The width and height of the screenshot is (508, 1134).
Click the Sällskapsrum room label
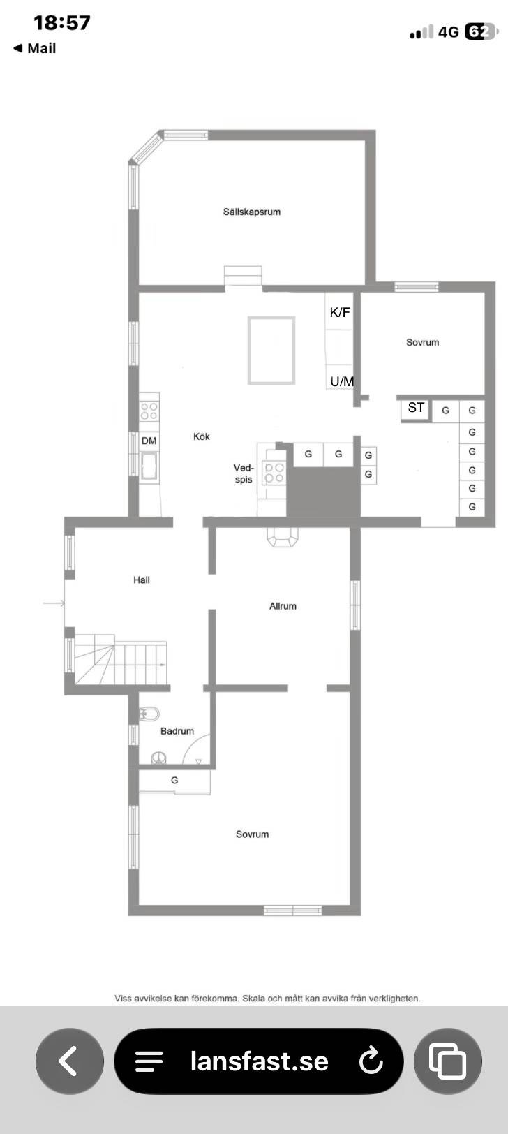(251, 212)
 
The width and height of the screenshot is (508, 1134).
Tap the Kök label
(202, 436)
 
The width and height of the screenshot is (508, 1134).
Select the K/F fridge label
(340, 312)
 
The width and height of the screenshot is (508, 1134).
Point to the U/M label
(342, 381)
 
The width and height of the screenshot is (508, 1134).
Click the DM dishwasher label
(149, 441)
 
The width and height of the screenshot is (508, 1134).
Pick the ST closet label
(416, 407)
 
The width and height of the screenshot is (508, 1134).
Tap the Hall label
(142, 580)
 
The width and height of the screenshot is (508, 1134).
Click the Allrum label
(283, 606)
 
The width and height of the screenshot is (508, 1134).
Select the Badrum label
(177, 731)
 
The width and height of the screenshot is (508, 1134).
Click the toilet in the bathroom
(149, 714)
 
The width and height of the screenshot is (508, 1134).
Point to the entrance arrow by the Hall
(54, 603)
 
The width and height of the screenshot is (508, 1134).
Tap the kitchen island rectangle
(271, 351)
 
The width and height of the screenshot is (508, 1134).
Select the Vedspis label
(244, 473)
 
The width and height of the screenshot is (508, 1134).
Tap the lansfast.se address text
(259, 1061)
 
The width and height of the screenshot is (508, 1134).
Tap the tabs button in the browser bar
(447, 1061)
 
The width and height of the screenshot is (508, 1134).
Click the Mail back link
(34, 48)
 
